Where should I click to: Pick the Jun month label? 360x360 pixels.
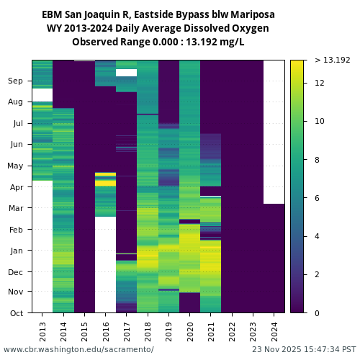click(17, 144)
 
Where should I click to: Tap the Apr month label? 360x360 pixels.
click(17, 186)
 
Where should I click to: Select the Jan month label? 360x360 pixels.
click(17, 251)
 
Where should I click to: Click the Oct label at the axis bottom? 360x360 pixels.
click(17, 313)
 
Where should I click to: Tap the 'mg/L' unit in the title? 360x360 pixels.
click(232, 42)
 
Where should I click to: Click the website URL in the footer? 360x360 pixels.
click(78, 349)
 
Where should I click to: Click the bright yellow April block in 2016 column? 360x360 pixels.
click(106, 180)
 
